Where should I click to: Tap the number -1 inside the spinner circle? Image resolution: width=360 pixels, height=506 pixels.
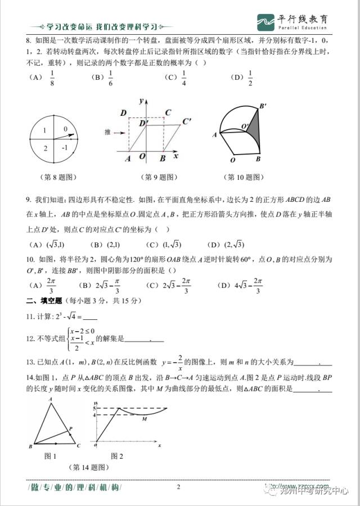tap(65, 147)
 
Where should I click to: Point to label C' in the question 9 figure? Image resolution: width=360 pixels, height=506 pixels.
tap(187, 121)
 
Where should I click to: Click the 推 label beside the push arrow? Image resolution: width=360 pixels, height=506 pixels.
tap(107, 133)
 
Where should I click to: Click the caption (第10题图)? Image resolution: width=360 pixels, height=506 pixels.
tap(244, 177)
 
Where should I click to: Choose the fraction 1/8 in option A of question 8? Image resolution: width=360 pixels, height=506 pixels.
tap(52, 79)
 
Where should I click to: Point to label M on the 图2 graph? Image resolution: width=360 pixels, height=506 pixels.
tap(145, 419)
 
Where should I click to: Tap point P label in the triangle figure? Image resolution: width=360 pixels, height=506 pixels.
tap(71, 429)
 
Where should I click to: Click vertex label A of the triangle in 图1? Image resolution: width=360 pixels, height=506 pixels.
tap(51, 399)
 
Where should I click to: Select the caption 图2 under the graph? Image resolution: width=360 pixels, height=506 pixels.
tap(117, 455)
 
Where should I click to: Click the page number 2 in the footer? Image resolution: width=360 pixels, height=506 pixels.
tap(178, 487)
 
